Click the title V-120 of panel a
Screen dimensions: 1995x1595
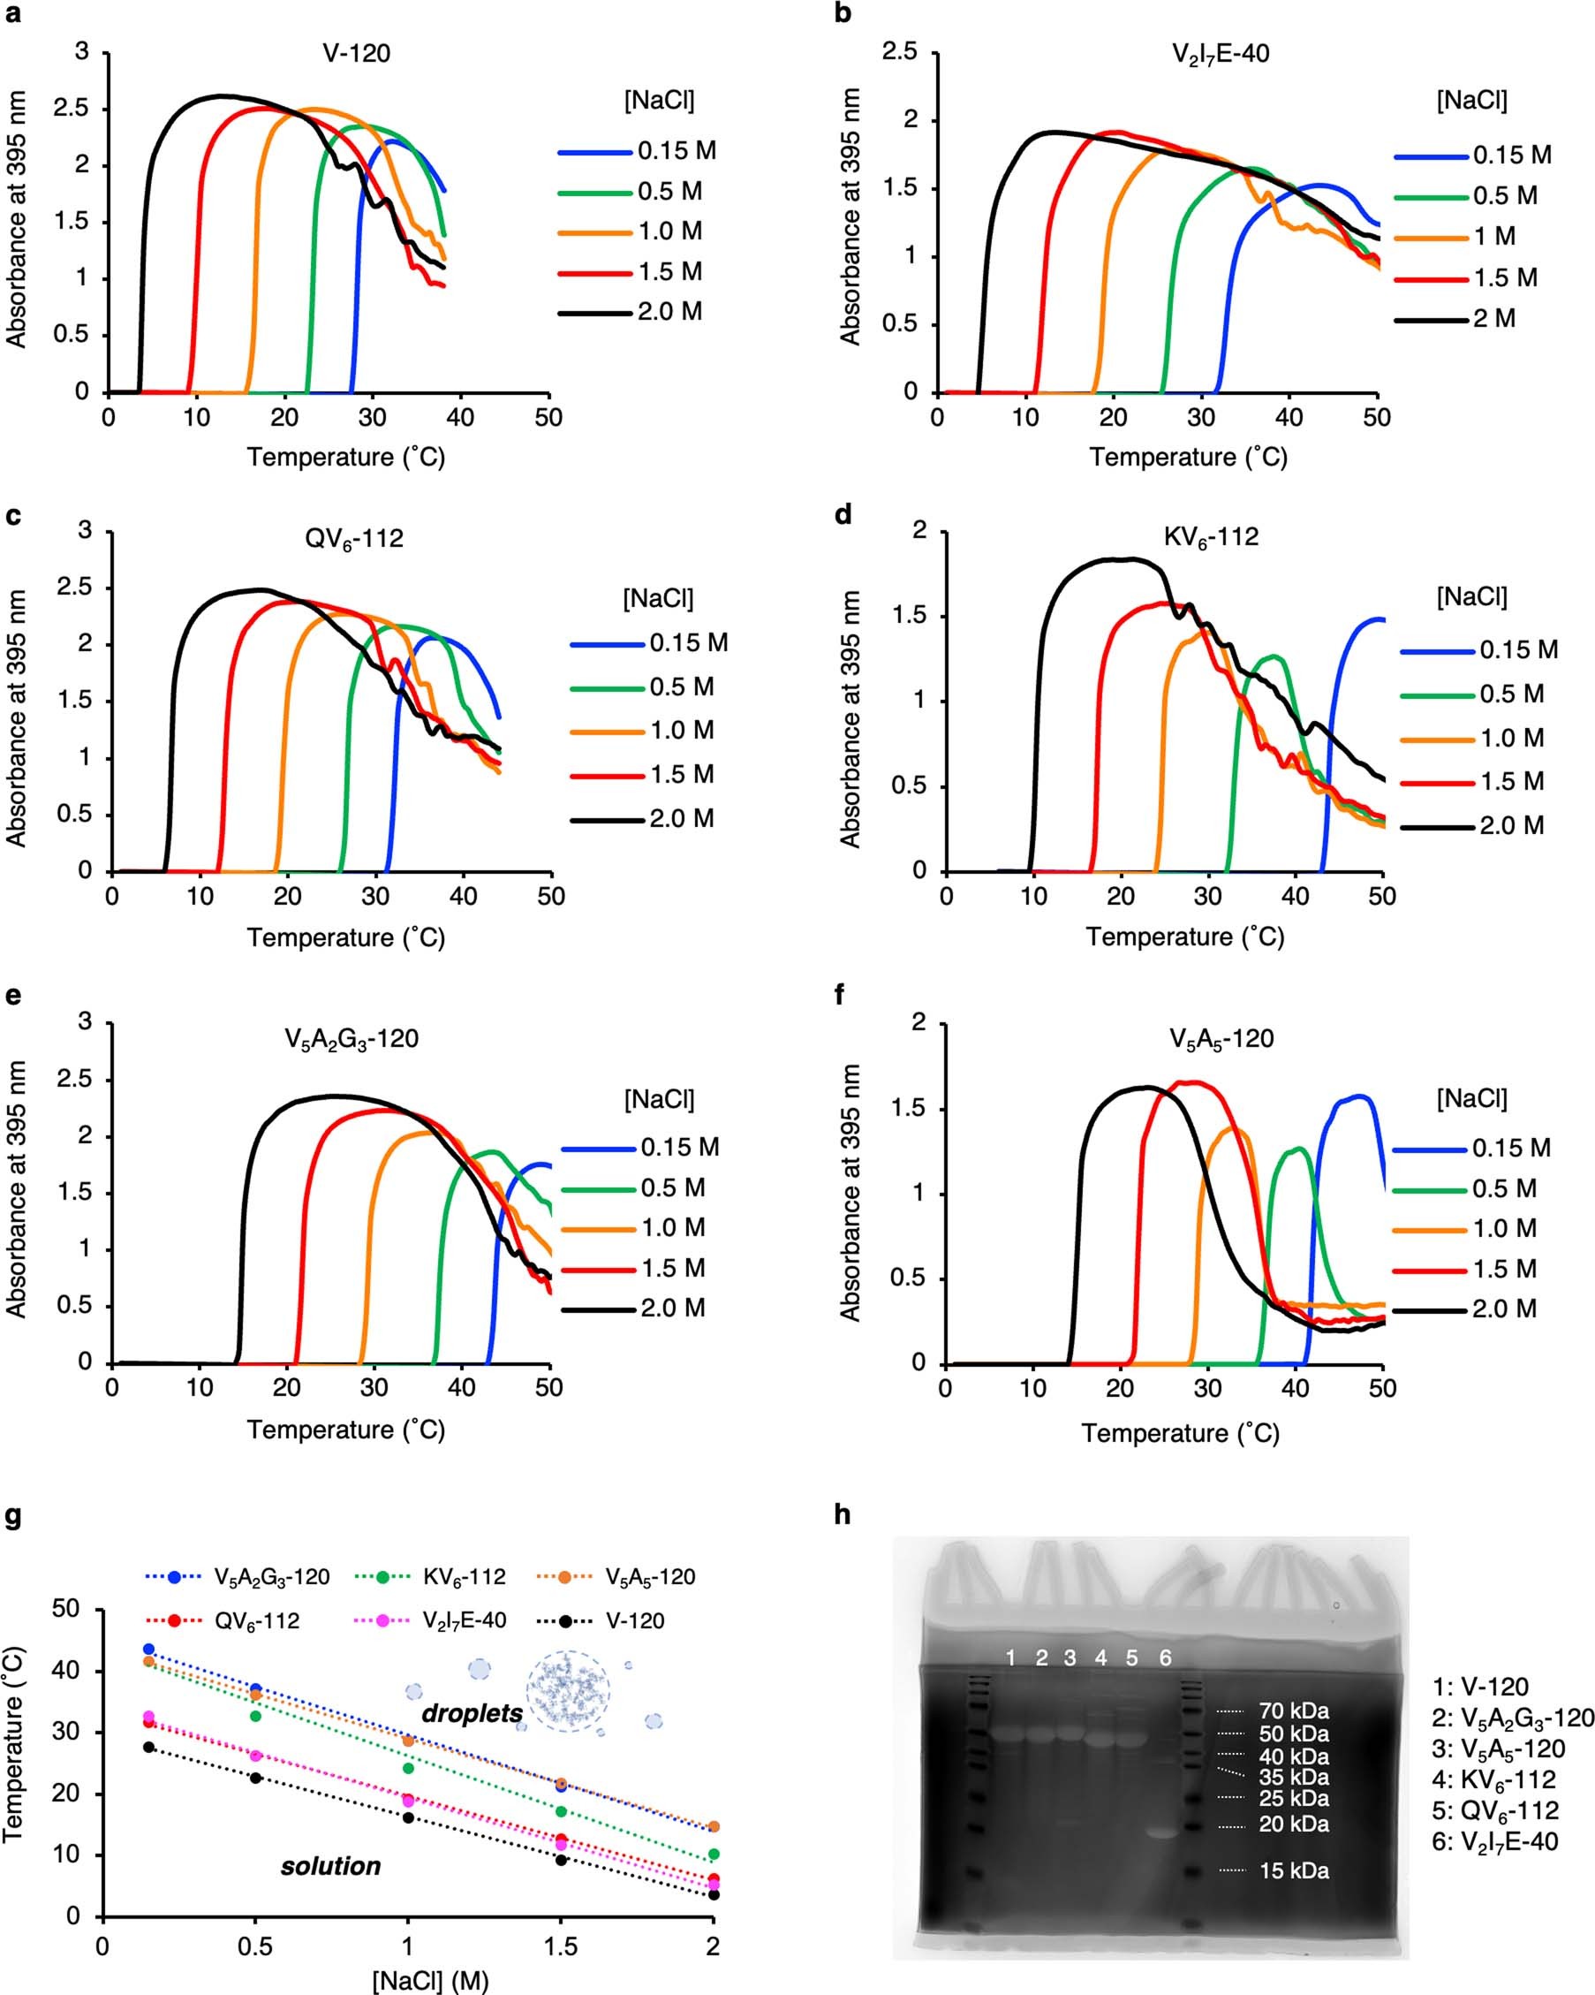[356, 53]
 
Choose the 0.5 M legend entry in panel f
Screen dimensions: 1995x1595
[1504, 1189]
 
